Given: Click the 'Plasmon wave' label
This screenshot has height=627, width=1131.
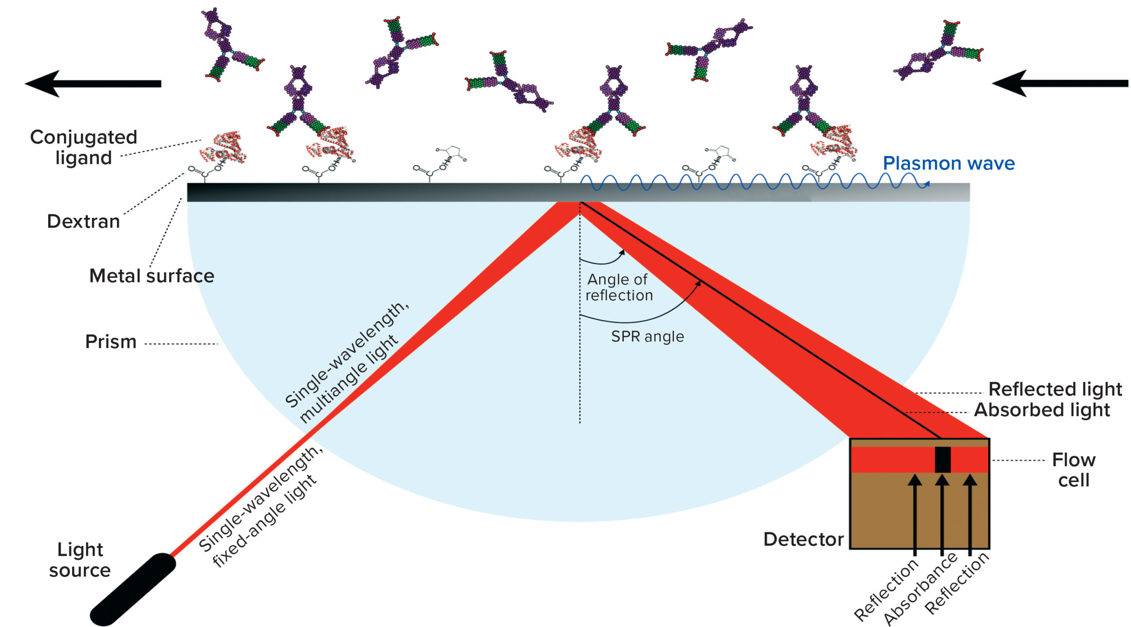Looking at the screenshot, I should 948,163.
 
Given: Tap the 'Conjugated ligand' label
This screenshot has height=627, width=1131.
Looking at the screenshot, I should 83,147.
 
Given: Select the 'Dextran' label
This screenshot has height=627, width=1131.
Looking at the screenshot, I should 83,221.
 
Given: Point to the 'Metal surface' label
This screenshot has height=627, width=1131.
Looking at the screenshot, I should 152,276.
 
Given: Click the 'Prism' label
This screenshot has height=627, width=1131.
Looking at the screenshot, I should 111,342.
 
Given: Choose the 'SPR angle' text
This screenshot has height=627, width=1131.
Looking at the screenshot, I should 647,337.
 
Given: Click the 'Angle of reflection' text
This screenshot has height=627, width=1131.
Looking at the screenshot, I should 619,287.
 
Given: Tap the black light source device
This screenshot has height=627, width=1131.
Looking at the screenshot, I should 133,589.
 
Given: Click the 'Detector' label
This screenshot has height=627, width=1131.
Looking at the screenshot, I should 803,540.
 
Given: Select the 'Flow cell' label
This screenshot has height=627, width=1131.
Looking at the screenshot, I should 1074,470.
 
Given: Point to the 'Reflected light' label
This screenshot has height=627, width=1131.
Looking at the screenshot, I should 1055,389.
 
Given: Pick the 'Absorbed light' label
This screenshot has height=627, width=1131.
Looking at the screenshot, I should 1042,410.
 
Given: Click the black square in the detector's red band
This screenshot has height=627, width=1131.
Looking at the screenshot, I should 942,460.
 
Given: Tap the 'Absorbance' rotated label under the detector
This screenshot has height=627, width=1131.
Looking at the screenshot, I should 920,590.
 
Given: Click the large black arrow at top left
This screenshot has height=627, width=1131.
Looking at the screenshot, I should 93,83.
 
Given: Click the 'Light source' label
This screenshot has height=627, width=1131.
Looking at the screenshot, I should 80,560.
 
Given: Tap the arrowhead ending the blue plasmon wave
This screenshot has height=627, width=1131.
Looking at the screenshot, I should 926,184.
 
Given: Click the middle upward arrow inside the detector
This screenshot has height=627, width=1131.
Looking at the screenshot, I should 942,513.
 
